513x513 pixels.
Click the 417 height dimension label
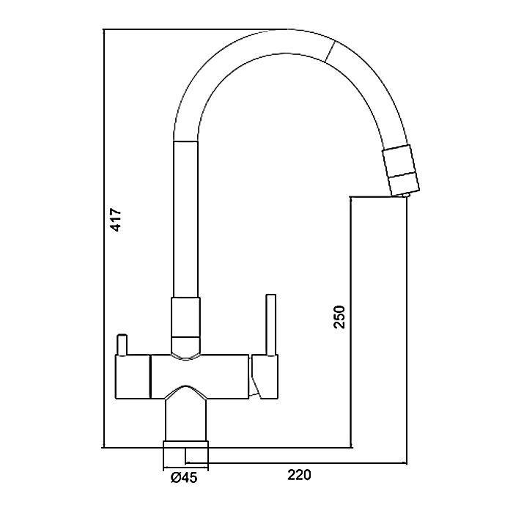tap(117, 220)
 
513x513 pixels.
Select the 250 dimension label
tap(339, 317)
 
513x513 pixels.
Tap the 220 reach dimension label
tap(299, 475)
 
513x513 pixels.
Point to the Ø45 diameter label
tap(184, 478)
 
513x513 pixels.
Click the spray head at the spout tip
tap(401, 169)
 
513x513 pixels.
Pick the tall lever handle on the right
tap(271, 324)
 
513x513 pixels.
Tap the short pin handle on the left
tap(122, 344)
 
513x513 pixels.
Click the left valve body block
tap(133, 377)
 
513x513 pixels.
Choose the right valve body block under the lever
tap(265, 377)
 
